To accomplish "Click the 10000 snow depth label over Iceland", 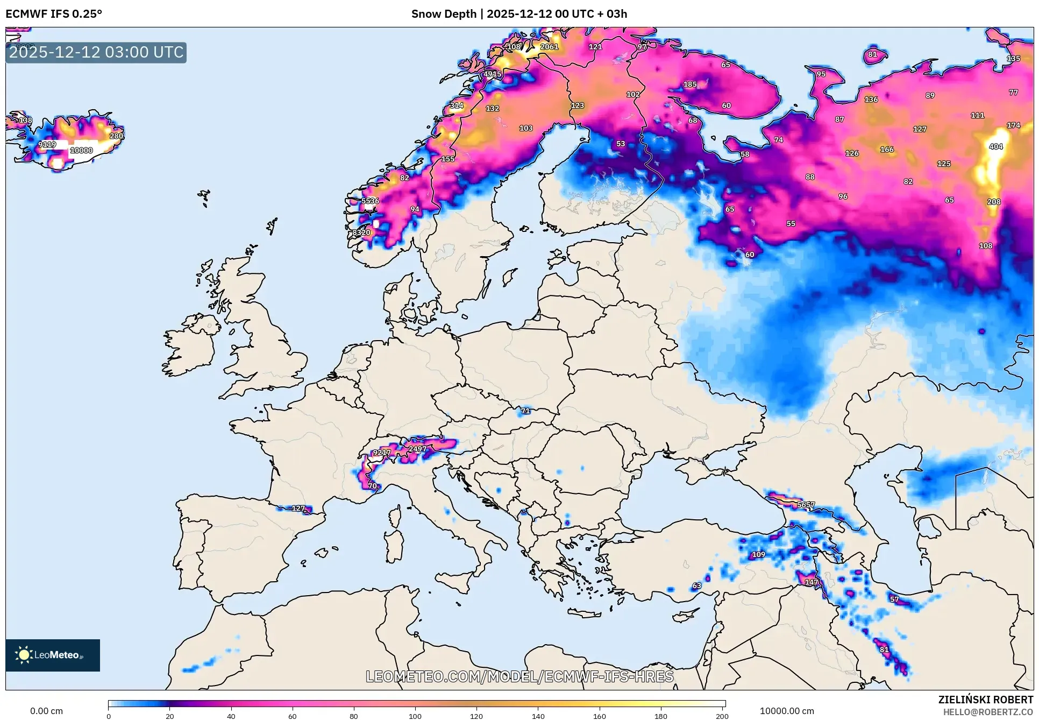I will pyautogui.click(x=81, y=151).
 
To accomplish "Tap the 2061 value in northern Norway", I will pyautogui.click(x=549, y=47).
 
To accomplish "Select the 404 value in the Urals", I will pyautogui.click(x=995, y=146).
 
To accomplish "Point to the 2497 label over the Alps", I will pyautogui.click(x=417, y=449).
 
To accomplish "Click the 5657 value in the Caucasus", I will pyautogui.click(x=806, y=505).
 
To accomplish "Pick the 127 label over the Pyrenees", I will pyautogui.click(x=298, y=509).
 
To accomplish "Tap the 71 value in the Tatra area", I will pyautogui.click(x=525, y=411).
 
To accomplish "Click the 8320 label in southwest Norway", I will pyautogui.click(x=361, y=232).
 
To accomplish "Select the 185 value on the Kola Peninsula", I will pyautogui.click(x=690, y=84).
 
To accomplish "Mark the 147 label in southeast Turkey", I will pyautogui.click(x=811, y=582).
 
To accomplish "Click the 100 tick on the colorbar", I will pyautogui.click(x=415, y=716).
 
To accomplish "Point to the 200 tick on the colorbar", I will pyautogui.click(x=722, y=716).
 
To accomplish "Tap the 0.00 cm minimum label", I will pyautogui.click(x=46, y=711).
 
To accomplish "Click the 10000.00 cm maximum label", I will pyautogui.click(x=787, y=711).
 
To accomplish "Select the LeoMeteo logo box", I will pyautogui.click(x=53, y=655).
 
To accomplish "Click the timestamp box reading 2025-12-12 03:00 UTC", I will pyautogui.click(x=96, y=53).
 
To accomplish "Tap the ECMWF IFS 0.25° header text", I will pyautogui.click(x=54, y=14).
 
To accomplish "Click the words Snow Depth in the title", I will pyautogui.click(x=444, y=14).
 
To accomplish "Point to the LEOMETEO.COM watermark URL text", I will pyautogui.click(x=519, y=676).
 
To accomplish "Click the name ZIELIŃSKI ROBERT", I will pyautogui.click(x=985, y=700).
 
